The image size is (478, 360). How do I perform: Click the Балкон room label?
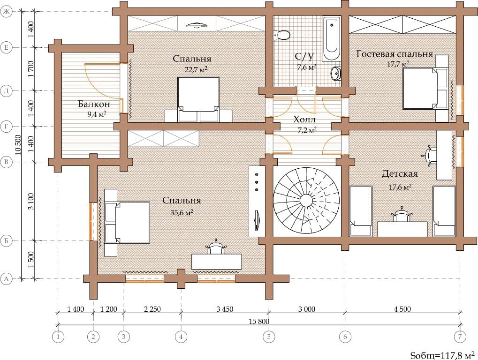click(x=94, y=104)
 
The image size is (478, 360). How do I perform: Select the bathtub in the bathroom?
click(x=332, y=39)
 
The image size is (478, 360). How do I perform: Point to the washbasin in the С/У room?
click(x=336, y=73)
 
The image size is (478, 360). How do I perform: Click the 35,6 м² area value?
click(x=182, y=213)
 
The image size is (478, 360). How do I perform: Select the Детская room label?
click(x=400, y=173)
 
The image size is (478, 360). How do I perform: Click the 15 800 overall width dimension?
click(x=259, y=321)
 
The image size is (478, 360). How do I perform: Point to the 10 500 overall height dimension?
click(x=18, y=145)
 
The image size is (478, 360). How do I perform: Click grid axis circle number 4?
click(x=181, y=337)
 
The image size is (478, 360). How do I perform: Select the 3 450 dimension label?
click(x=225, y=309)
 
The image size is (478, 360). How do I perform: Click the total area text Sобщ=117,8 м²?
click(x=442, y=355)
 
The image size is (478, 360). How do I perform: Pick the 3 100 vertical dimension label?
click(x=30, y=201)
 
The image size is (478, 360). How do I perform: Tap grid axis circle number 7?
click(x=460, y=337)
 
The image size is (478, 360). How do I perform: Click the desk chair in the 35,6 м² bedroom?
click(x=216, y=247)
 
